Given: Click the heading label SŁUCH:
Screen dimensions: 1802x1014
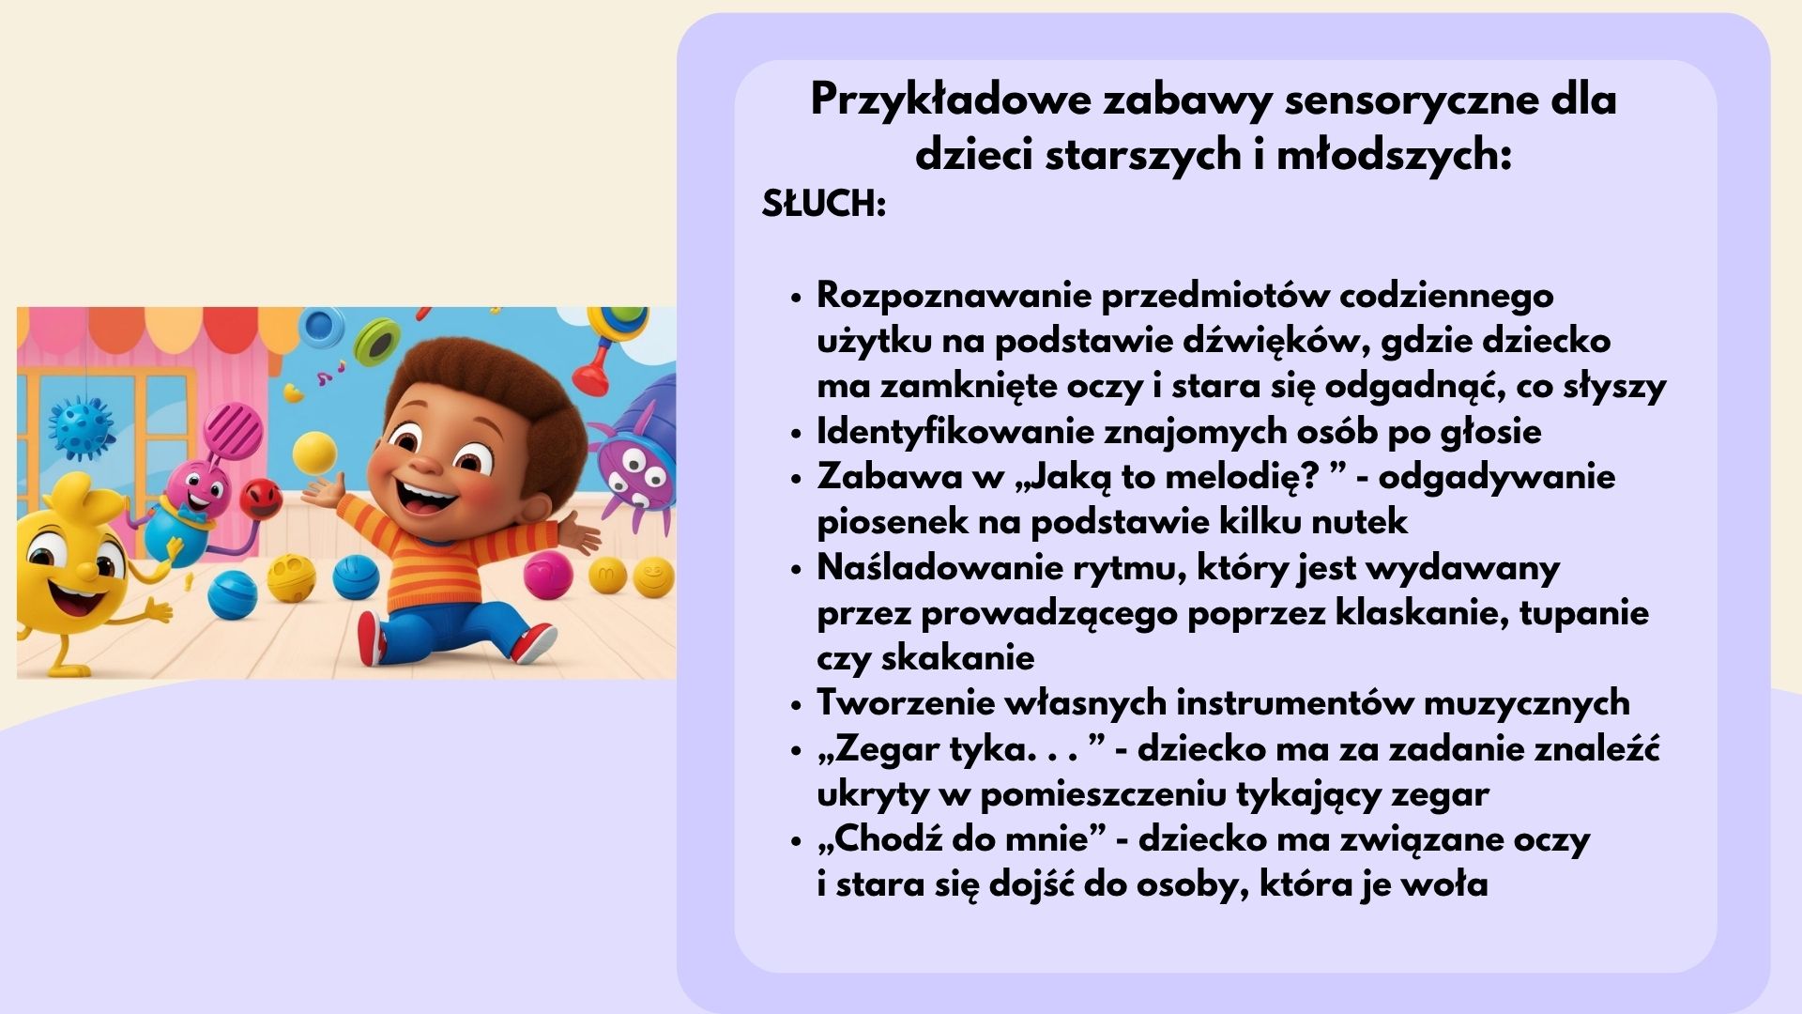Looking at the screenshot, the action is click(x=823, y=203).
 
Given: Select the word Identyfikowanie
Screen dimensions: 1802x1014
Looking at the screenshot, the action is click(x=954, y=432).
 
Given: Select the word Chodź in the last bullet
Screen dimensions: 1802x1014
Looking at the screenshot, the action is click(x=888, y=838).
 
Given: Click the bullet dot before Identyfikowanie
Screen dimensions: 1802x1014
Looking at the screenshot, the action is click(x=796, y=434).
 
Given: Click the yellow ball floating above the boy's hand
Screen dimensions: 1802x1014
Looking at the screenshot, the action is click(x=314, y=453).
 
